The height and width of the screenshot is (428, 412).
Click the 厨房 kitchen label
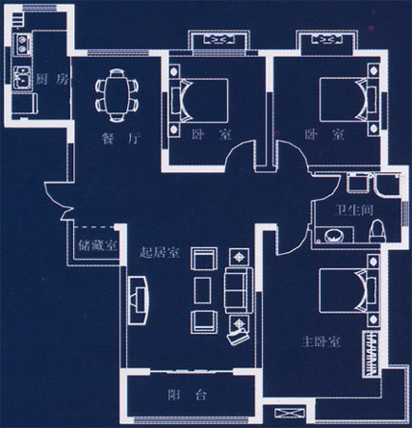click(51, 79)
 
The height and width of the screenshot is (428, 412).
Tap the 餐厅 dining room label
click(121, 139)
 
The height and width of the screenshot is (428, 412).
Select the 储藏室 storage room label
click(98, 245)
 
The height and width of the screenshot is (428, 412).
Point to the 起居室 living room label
click(159, 253)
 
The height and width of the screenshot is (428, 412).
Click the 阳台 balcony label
click(187, 395)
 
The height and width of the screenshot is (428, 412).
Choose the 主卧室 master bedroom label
click(320, 342)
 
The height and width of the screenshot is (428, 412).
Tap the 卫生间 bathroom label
click(354, 210)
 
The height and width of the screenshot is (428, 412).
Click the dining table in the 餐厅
click(117, 96)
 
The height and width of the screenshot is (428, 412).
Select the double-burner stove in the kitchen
click(22, 45)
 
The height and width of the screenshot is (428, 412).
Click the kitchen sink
click(22, 78)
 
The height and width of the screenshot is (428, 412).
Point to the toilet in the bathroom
click(377, 231)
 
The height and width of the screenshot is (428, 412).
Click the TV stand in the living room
click(139, 300)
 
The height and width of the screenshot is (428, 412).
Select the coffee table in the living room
click(202, 290)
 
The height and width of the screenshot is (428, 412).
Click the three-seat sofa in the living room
click(238, 290)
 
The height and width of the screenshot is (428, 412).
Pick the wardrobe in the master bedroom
click(371, 354)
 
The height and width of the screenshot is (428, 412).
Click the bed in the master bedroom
click(345, 290)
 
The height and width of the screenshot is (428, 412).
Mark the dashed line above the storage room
click(94, 227)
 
